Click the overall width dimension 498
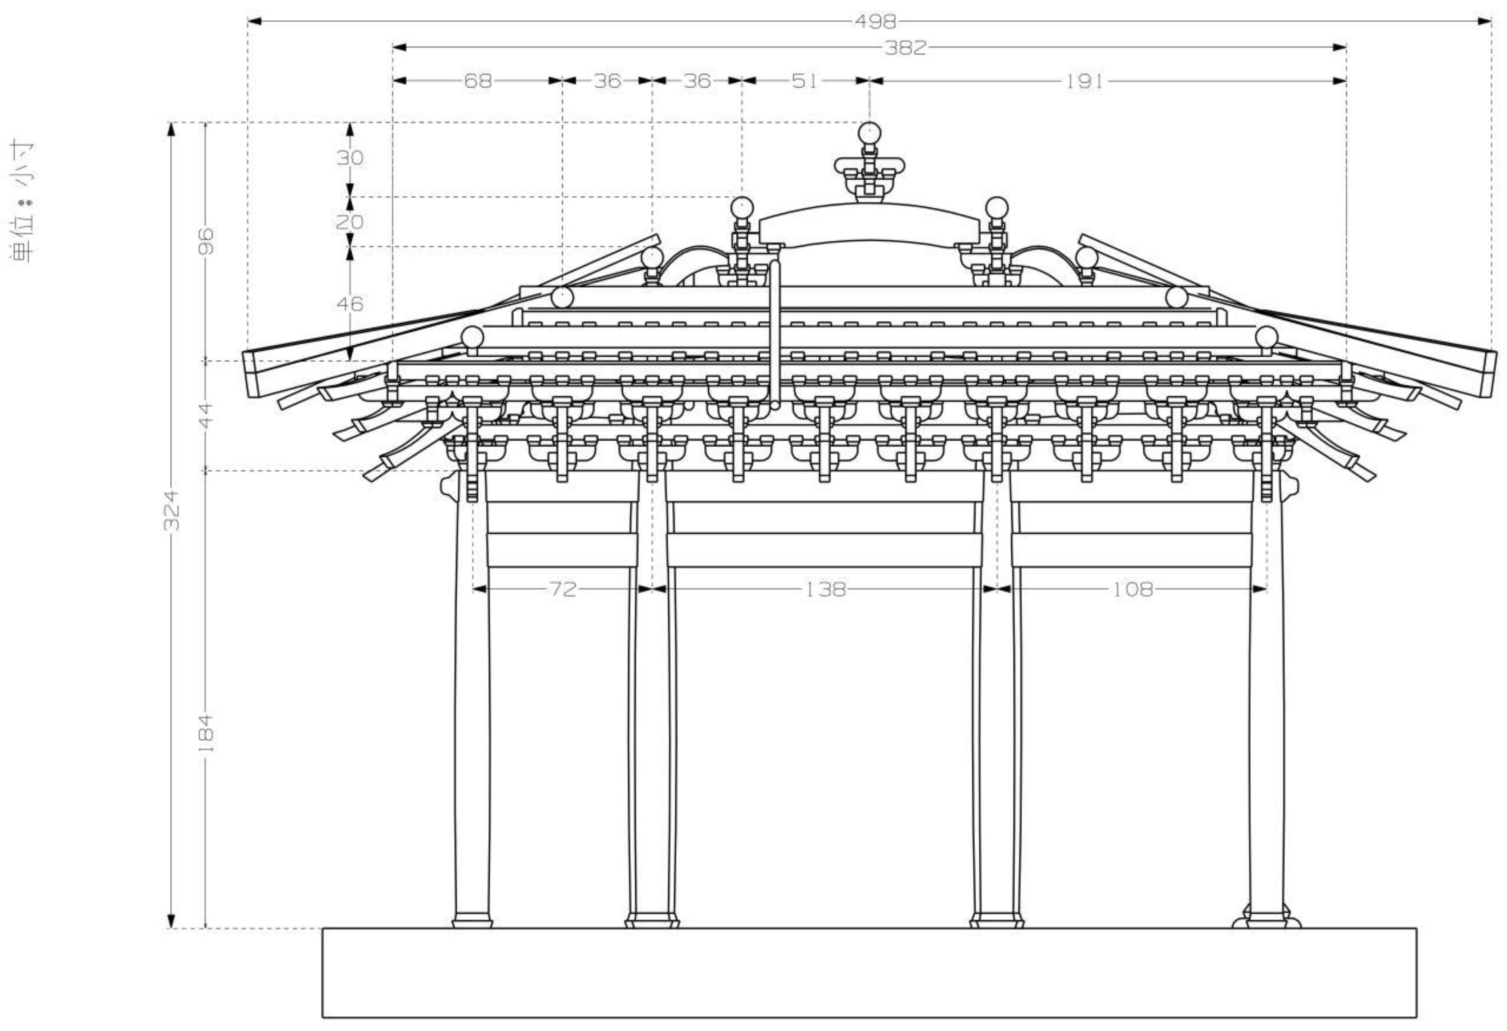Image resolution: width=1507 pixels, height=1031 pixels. coord(875,22)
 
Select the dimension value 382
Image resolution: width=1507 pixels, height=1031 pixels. coord(905,47)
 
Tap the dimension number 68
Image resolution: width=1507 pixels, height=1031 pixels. coord(478,81)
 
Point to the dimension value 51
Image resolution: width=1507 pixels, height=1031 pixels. coord(805,81)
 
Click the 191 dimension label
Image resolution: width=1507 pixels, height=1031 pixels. coord(1084,81)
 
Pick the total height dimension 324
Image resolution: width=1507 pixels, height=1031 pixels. coord(171,510)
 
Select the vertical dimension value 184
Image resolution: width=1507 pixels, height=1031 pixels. coord(206,733)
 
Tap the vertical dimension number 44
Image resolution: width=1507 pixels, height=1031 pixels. coord(206,415)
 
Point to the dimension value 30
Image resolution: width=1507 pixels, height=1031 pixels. coord(350,158)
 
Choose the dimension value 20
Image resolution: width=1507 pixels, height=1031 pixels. coord(350,222)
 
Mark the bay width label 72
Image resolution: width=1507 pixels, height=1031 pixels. coord(562,589)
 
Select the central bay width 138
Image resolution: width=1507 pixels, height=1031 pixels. coord(825,589)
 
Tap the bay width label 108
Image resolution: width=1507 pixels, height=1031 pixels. coord(1133,589)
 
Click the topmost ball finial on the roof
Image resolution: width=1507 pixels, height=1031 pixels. coord(869,134)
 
